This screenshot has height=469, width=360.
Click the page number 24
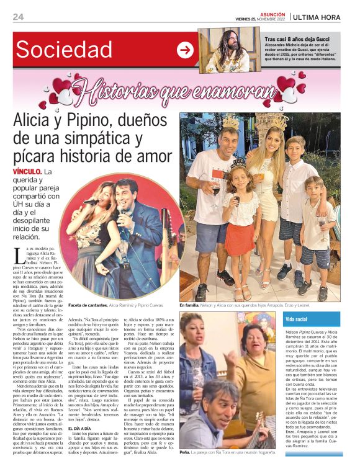tap(18, 17)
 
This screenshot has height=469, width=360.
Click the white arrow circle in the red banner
tap(185, 50)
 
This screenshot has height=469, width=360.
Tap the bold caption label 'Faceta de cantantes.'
tap(88, 306)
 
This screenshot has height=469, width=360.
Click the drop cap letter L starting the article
tap(19, 255)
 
